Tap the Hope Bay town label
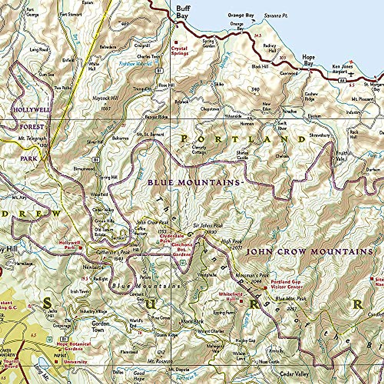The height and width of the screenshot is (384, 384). pos(308,60)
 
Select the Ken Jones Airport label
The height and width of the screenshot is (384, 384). pos(342,69)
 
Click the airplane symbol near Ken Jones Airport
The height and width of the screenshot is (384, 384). pos(352,74)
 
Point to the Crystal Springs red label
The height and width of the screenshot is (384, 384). pos(180,51)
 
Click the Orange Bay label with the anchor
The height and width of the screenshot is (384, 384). pos(241,15)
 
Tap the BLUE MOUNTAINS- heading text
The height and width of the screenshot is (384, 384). pos(194,183)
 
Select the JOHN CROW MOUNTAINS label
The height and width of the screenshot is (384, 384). pos(309,252)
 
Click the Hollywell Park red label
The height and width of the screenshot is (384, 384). pos(67,245)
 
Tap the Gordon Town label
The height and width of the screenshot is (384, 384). pos(100,326)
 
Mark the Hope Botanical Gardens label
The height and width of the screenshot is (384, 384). pos(74,346)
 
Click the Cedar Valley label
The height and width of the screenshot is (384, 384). pos(294,374)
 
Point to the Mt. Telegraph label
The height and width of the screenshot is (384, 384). pos(32,139)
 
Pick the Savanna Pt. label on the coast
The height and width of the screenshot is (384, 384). pos(276,15)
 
